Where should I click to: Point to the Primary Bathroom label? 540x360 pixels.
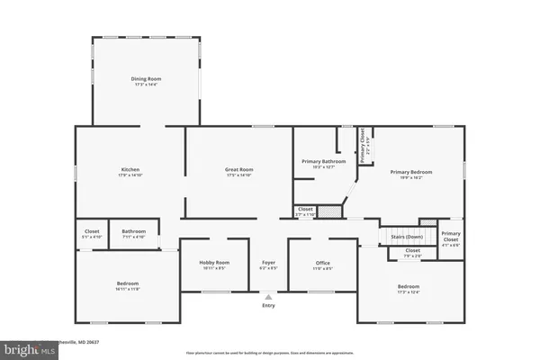[317, 161]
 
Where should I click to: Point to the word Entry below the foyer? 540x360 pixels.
[268, 306]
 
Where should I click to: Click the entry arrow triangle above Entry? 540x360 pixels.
[267, 295]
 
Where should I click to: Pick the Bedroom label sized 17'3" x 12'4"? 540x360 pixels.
[408, 287]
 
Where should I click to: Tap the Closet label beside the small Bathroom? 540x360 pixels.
[91, 231]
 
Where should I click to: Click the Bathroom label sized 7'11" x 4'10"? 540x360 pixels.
[134, 231]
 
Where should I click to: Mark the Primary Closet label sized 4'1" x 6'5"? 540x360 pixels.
[451, 236]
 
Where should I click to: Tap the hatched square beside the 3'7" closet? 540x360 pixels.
[333, 211]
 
